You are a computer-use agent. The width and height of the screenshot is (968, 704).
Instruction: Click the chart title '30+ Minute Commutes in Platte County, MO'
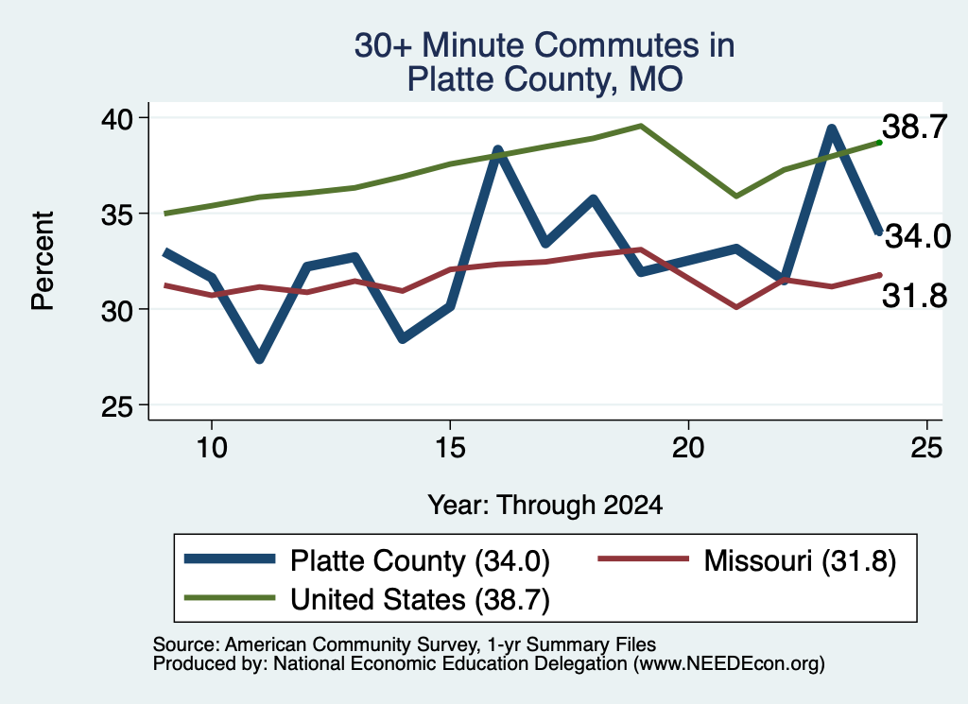click(x=544, y=62)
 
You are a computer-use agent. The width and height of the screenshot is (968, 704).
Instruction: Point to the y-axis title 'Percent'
click(x=43, y=261)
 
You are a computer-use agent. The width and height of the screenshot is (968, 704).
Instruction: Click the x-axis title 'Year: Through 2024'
click(x=545, y=505)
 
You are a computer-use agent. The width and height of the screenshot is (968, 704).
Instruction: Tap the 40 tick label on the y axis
click(x=117, y=118)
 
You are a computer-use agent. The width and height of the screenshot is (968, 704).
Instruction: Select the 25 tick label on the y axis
click(x=117, y=405)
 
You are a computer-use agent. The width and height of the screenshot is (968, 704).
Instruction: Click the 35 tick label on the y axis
click(x=117, y=214)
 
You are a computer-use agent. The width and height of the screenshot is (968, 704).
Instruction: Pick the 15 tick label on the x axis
click(x=450, y=447)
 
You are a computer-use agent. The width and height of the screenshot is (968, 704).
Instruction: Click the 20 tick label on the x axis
click(x=688, y=447)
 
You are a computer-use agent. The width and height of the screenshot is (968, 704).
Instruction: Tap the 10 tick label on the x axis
click(x=212, y=447)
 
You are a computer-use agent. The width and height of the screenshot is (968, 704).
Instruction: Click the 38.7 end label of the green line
click(x=914, y=128)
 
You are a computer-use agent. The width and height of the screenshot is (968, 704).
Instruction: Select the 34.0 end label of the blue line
click(x=918, y=235)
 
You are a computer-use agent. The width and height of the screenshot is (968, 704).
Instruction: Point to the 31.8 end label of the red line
click(x=914, y=296)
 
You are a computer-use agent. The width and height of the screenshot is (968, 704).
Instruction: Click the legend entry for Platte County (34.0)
click(x=368, y=560)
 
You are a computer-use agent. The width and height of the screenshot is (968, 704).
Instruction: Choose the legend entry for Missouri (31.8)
click(x=747, y=560)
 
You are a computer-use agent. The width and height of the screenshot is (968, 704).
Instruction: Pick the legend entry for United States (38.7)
click(x=368, y=599)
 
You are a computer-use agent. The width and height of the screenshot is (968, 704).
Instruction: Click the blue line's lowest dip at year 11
click(x=259, y=358)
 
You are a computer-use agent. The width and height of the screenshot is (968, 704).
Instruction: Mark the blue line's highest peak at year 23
click(x=832, y=129)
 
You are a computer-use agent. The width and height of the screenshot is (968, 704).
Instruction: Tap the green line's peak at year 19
click(x=641, y=126)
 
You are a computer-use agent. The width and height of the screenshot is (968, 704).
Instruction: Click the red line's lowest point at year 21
click(x=736, y=307)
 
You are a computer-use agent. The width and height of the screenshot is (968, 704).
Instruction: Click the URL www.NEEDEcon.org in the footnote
click(x=729, y=664)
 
